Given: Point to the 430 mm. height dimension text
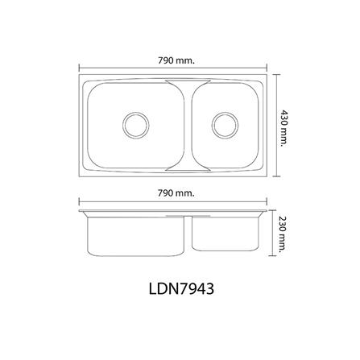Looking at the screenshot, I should point(284,125).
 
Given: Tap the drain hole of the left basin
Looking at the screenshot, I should point(135,125).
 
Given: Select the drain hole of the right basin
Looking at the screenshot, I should point(225,125).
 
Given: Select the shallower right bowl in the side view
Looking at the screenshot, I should point(225,234).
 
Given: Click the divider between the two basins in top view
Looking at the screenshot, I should point(179,125).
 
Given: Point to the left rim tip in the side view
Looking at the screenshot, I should point(81,213).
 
